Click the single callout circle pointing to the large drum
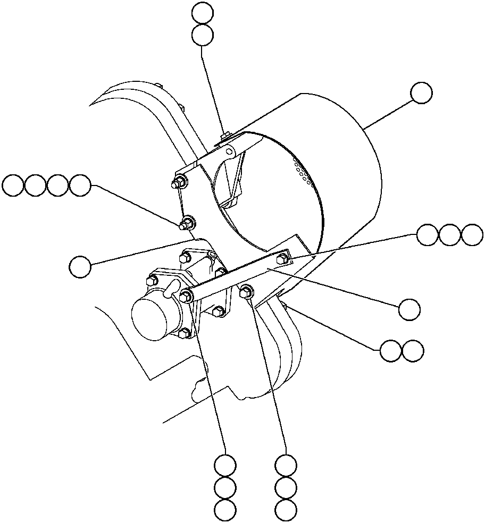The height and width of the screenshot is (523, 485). tap(422, 93)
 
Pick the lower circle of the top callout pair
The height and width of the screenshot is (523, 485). tap(202, 36)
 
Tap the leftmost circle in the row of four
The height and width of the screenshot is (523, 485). tap(13, 185)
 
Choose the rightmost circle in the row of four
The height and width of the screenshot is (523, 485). tap(81, 185)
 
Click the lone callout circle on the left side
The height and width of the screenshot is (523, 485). tap(81, 266)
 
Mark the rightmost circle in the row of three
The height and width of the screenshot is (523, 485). tap(472, 234)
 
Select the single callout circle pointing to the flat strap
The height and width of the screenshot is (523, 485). tap(409, 309)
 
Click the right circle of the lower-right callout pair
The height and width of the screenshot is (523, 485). tap(413, 351)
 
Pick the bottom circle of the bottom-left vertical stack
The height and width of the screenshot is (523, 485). tap(225, 509)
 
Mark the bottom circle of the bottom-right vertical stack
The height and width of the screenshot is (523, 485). tap(286, 509)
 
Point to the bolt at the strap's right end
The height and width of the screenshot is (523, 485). tap(282, 259)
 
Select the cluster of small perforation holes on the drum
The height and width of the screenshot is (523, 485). tap(303, 170)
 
